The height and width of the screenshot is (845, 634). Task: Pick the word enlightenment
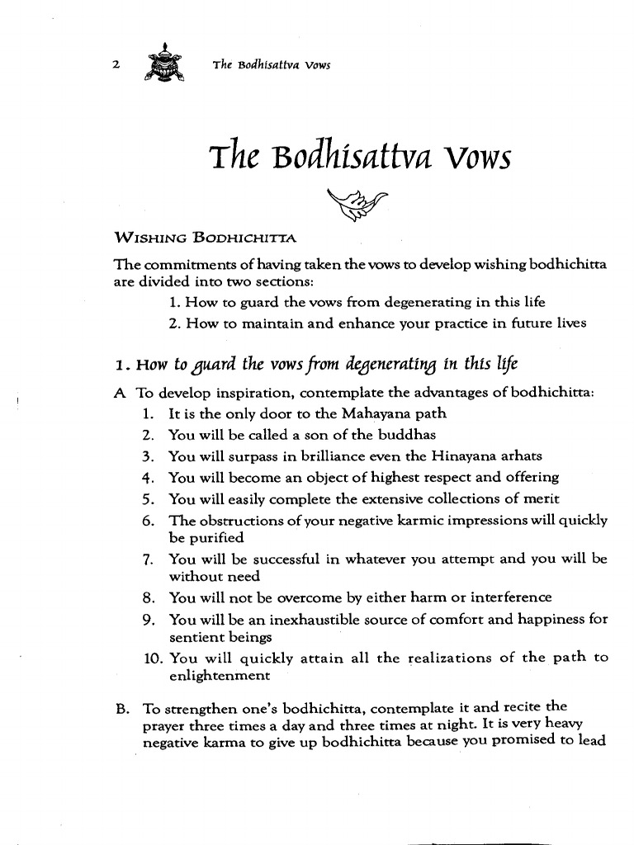[x=219, y=676]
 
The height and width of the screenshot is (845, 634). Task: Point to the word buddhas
[x=409, y=435]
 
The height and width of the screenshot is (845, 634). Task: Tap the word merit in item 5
[x=541, y=498]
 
